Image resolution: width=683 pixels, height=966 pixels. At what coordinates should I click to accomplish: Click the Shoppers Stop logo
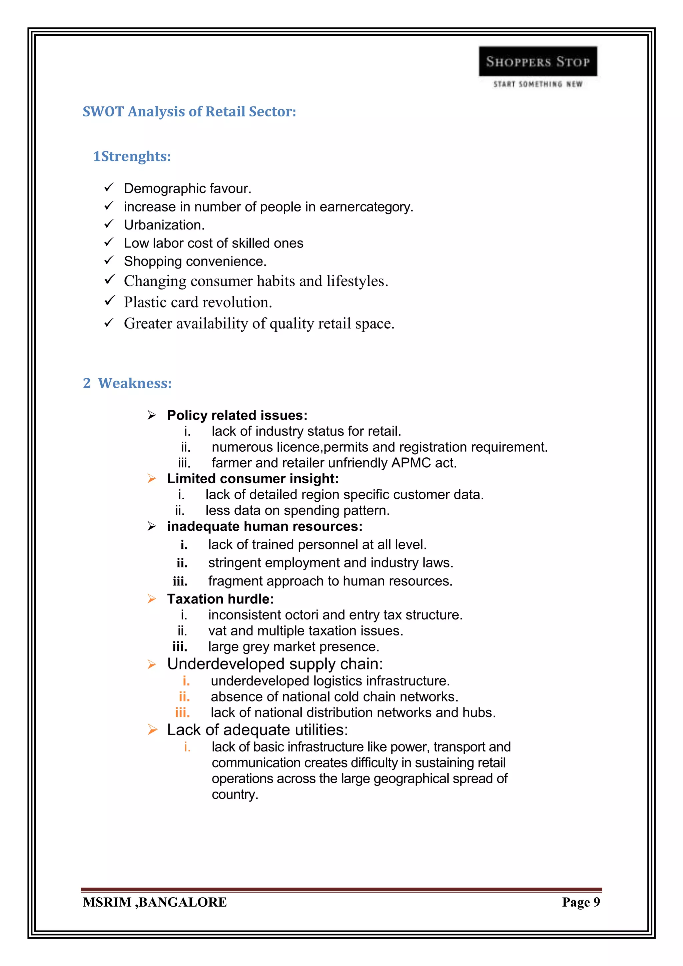[538, 61]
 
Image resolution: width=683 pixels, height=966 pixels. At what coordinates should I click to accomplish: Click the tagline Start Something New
[538, 84]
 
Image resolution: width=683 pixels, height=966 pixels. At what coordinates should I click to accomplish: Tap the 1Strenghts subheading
[132, 156]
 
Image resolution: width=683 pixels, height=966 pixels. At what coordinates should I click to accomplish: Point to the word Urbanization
[164, 225]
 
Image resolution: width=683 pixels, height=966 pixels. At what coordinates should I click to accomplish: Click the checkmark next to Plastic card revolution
[109, 301]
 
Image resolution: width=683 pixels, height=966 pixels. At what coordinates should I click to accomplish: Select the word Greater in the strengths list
[148, 324]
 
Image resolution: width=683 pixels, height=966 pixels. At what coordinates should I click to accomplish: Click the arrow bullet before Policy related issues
[152, 415]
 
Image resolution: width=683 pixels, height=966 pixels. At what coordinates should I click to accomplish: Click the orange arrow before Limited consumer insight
[152, 479]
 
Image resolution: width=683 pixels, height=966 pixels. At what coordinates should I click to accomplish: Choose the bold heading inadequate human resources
[264, 526]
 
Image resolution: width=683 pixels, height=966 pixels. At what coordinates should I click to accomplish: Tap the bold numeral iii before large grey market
[180, 647]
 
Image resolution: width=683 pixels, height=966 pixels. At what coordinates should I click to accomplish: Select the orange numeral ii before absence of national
[184, 697]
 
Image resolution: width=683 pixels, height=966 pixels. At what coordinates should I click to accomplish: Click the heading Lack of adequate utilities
[257, 730]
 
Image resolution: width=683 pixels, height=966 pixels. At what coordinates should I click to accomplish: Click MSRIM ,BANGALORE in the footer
[155, 902]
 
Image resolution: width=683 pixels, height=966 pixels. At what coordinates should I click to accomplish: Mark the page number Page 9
[581, 902]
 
